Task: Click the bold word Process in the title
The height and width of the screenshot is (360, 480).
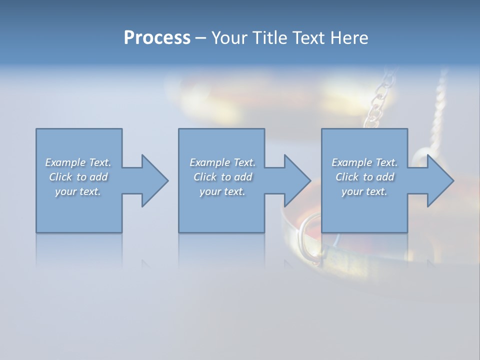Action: tap(157, 38)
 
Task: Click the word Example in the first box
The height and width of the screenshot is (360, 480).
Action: tap(65, 162)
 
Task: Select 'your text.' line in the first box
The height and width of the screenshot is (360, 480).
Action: tap(78, 191)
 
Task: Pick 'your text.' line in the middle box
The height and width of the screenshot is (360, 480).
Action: tap(222, 191)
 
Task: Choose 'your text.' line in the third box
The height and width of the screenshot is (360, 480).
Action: tap(364, 191)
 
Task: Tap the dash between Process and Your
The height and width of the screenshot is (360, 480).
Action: tap(201, 38)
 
